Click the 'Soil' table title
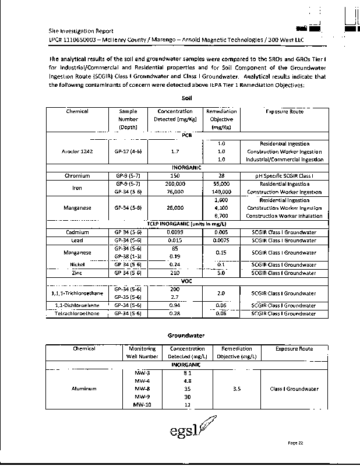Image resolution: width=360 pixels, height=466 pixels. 187,99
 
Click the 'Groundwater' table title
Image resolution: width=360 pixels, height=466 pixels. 186,336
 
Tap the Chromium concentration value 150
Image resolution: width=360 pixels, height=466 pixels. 175,175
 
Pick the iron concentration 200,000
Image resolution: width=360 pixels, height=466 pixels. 175,183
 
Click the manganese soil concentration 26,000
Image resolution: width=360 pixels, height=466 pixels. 175,207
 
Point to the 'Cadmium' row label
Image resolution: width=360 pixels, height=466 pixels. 77,232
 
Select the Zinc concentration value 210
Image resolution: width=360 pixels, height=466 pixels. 175,273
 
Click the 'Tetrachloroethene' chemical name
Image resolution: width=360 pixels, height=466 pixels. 77,313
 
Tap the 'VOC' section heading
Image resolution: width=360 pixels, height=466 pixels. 187,280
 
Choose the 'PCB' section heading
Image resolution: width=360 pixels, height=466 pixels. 187,135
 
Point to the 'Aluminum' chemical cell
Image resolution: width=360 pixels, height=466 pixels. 83,389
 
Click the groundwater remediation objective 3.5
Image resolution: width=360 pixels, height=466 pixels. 237,389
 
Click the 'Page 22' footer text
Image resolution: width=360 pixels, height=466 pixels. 296,443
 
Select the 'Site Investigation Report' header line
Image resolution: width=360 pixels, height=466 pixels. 81,31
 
